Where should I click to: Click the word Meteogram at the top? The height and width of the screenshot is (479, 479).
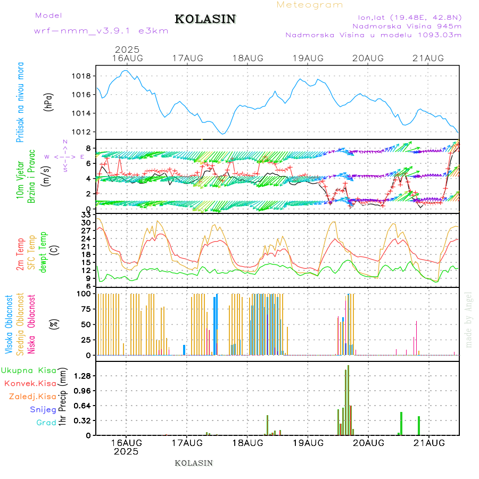[310, 5]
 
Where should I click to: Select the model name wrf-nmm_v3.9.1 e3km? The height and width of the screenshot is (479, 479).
[101, 31]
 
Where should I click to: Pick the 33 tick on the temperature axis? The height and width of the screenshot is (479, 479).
[86, 214]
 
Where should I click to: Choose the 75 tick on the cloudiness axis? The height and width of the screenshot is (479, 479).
[85, 309]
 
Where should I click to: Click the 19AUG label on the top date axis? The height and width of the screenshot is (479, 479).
[308, 58]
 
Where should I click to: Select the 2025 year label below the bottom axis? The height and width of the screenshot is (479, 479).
[126, 451]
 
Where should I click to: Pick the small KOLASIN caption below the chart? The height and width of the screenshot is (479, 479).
[194, 463]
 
